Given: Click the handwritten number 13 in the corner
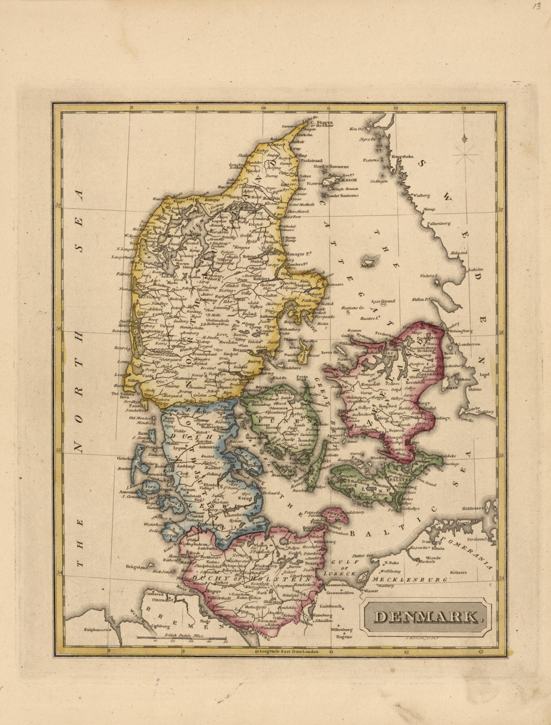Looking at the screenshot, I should [x=536, y=7].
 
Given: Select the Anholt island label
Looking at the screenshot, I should [x=370, y=266].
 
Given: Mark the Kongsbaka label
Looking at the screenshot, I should [x=403, y=156].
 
